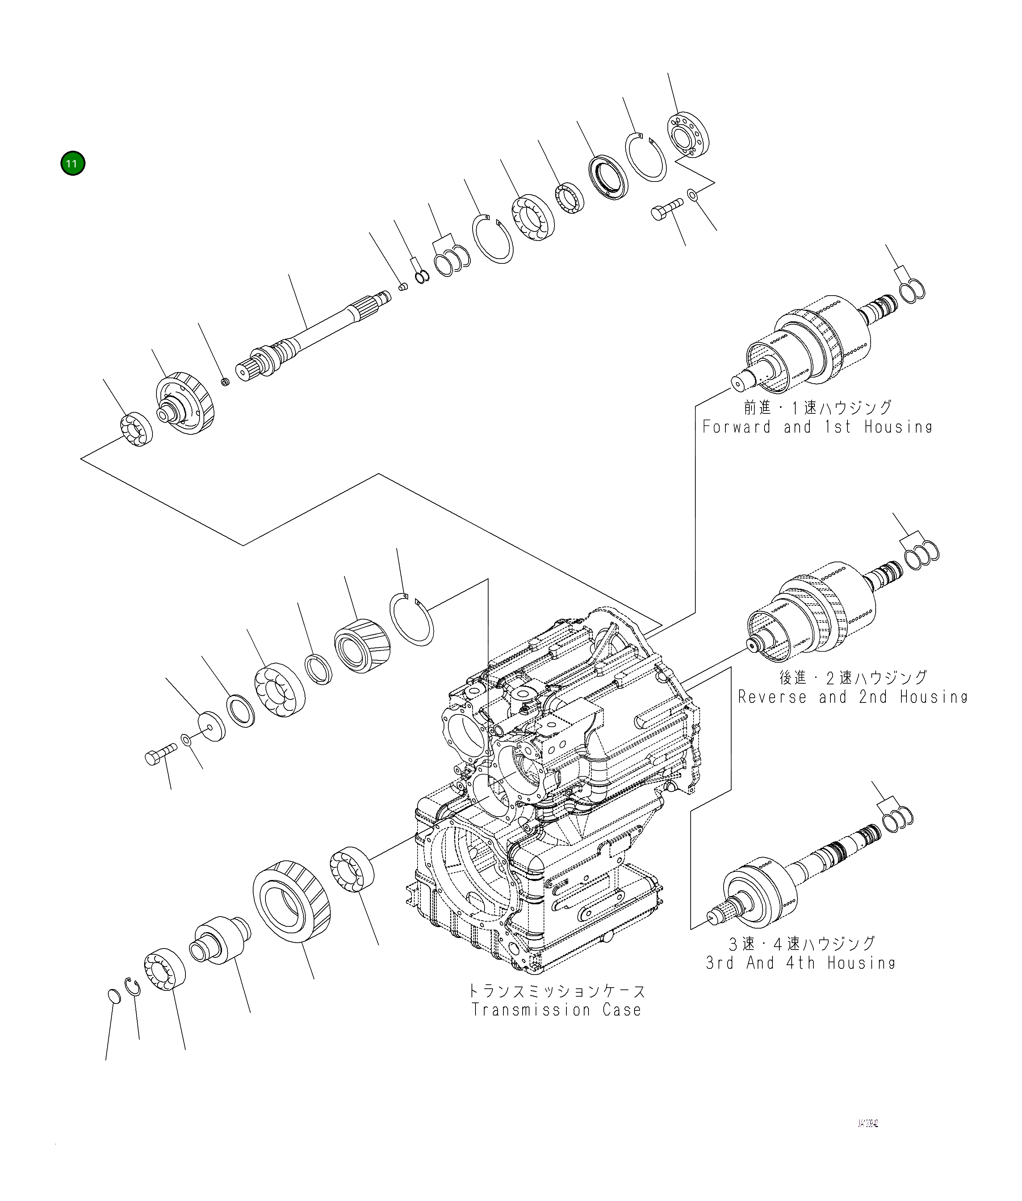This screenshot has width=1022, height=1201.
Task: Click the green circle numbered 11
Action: click(x=72, y=163)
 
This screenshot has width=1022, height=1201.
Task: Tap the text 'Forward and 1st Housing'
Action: click(x=817, y=427)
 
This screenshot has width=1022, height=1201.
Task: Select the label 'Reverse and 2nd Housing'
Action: click(x=852, y=697)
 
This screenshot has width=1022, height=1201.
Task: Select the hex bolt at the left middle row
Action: click(x=160, y=756)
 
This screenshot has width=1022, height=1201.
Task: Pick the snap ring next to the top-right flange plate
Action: click(x=645, y=158)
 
